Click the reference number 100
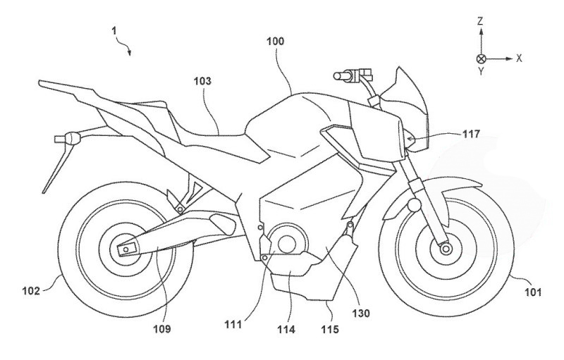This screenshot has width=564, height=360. coord(276,42)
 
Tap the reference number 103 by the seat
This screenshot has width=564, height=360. coord(202,81)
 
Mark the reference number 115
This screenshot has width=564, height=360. coord(331,328)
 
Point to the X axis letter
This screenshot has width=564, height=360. coord(519,58)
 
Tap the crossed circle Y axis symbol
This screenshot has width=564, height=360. coord(481,58)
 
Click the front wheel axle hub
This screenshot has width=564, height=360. coord(444,248)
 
